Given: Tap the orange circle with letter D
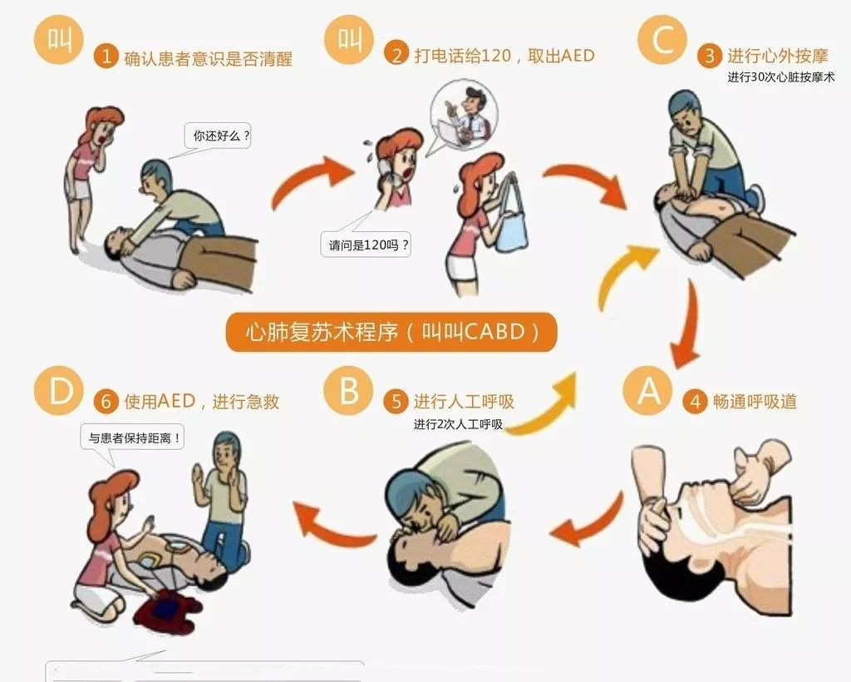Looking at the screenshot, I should tap(59, 390).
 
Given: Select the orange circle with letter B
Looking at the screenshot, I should tap(348, 390).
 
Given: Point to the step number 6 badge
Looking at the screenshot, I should tap(106, 403).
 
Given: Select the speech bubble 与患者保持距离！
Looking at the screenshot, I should tap(132, 437).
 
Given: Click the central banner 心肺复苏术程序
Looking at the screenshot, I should tap(390, 332).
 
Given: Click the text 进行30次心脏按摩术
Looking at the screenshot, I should tap(780, 77).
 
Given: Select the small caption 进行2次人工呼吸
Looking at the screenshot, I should tap(458, 424).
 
